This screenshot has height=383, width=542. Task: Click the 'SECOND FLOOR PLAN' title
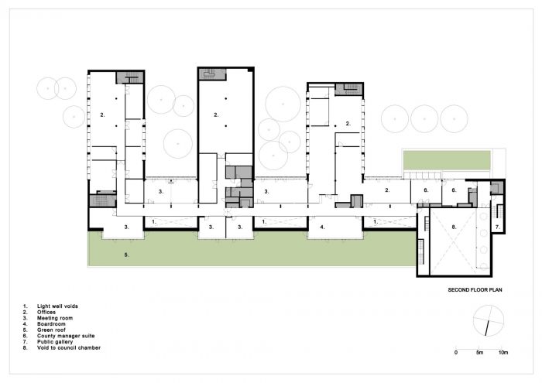pos(475,289)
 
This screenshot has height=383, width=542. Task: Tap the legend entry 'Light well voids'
pos(57,306)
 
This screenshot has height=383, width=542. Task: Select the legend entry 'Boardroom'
pos(51,324)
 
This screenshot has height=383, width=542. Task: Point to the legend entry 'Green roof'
pos(51,330)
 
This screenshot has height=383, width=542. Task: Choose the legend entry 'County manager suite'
pos(66,336)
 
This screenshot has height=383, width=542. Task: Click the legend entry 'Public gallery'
pos(55,341)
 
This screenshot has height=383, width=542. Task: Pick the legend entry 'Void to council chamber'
pos(69,347)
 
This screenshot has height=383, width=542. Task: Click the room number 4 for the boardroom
pos(323,227)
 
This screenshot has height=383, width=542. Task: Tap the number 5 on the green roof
pos(126,255)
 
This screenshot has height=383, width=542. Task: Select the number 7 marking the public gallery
pos(498,227)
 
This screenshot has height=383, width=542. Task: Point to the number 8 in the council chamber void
pos(455,227)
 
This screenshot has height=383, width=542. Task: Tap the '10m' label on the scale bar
pos(503,353)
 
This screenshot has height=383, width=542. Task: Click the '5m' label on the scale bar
pos(479,353)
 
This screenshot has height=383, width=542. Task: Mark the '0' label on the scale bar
pos(456,353)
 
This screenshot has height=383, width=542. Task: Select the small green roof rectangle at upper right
pos(448,160)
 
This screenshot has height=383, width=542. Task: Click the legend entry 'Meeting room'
pos(55,318)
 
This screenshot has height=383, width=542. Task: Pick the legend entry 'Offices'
pos(46,312)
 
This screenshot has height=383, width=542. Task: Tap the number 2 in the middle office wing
pos(216,115)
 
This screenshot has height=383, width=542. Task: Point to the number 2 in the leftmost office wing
pos(102,115)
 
